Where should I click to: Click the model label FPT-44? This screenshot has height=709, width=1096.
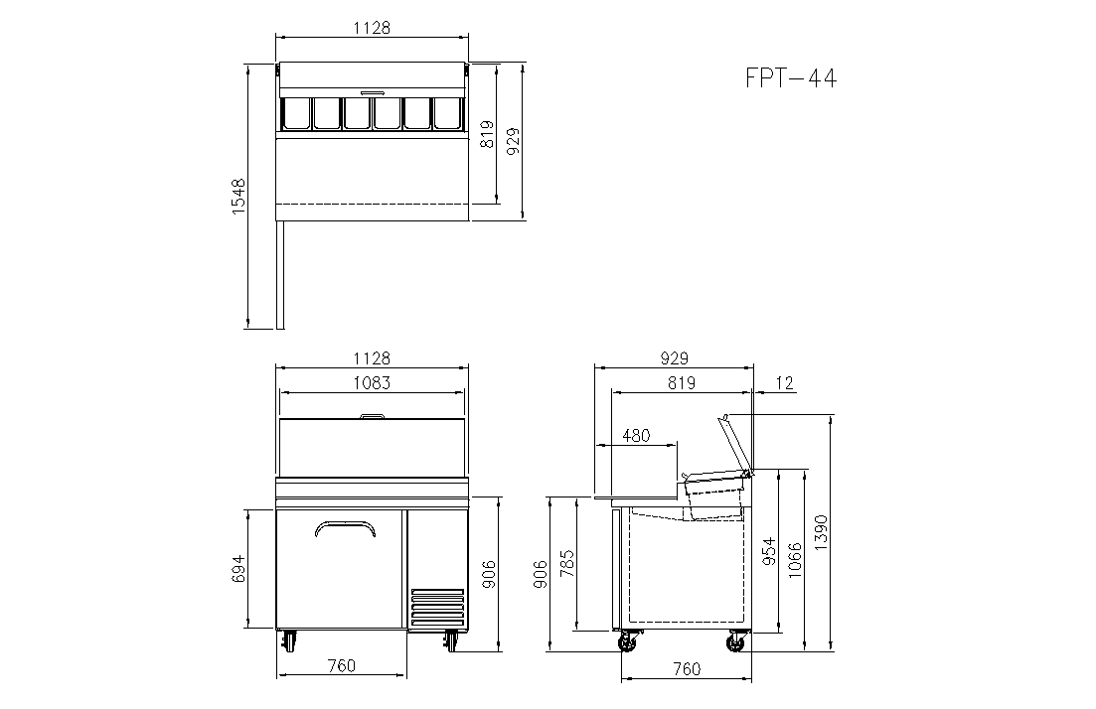[791, 77]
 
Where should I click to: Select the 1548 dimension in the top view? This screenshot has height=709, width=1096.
[238, 196]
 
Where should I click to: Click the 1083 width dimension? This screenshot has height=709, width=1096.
[372, 382]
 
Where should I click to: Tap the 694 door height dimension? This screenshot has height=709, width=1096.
[238, 569]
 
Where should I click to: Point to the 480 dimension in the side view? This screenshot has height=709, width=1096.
[635, 436]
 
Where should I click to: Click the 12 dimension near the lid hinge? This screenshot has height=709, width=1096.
[784, 382]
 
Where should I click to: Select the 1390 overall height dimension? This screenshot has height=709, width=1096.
[821, 532]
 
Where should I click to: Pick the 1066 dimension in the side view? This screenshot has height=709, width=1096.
[795, 559]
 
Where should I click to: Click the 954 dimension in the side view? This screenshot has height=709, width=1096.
[769, 551]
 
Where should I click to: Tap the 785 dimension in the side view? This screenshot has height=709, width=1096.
[566, 564]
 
